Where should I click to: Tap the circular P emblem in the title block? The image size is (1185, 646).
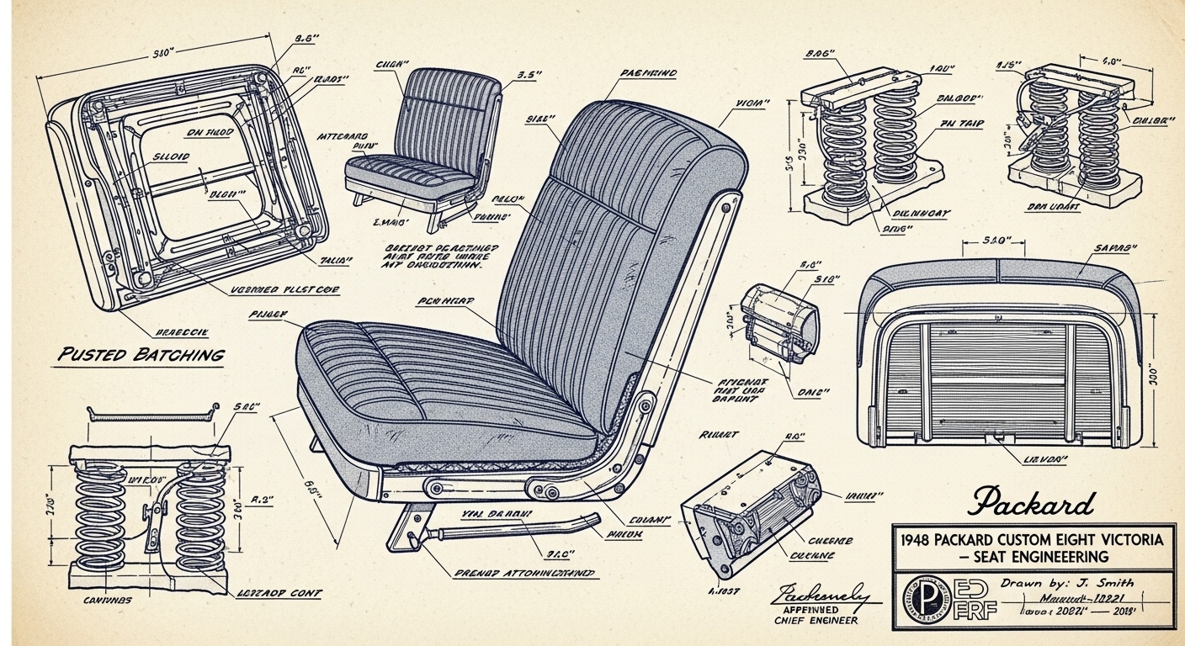tap(923, 599)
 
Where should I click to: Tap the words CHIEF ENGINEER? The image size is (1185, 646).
tap(816, 621)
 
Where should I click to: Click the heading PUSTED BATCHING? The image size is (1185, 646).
tap(140, 354)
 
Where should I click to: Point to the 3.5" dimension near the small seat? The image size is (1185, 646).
tap(527, 74)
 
